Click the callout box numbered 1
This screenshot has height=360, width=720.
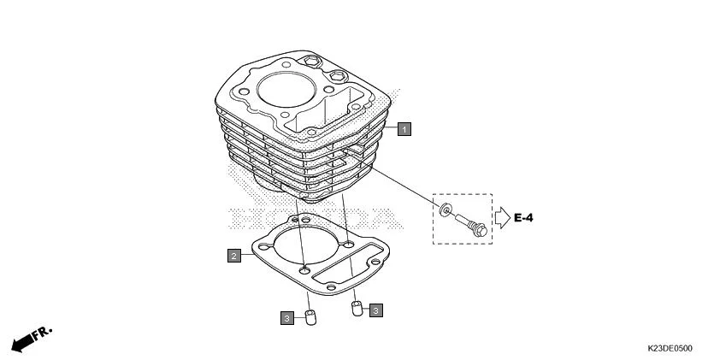[404, 128]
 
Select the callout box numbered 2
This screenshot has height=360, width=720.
[233, 254]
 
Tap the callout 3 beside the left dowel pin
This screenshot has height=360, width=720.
[287, 318]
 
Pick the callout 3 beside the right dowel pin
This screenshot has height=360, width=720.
[376, 310]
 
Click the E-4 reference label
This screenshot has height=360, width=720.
[524, 219]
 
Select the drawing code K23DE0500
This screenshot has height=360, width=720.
[670, 349]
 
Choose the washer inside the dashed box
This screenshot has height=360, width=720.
[446, 211]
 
